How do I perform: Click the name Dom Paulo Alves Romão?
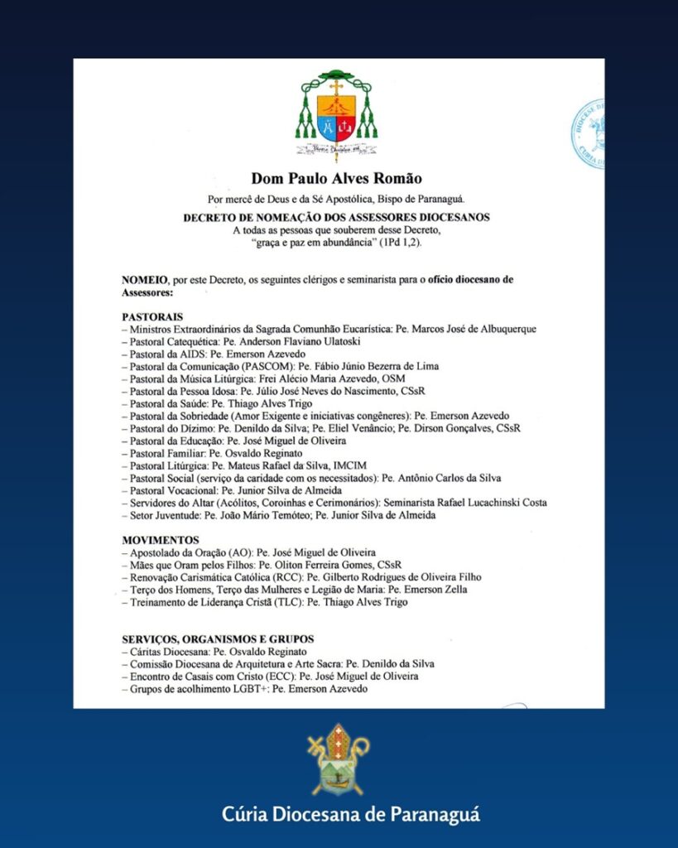335,178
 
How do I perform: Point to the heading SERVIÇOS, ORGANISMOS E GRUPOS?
217,639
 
